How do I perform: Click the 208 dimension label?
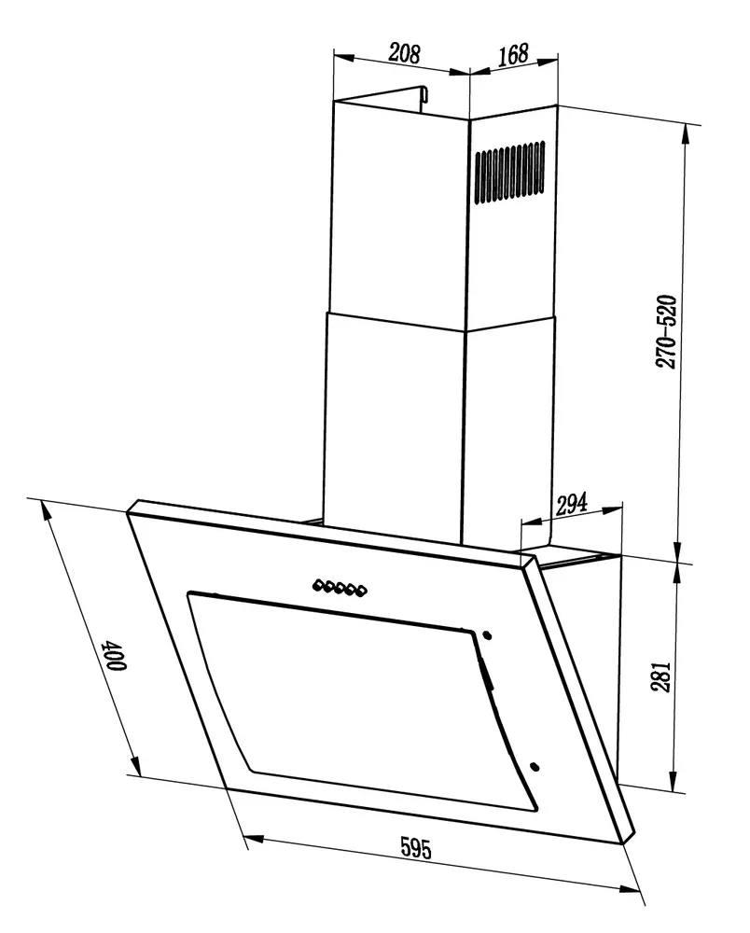point(405,53)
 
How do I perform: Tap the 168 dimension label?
point(513,54)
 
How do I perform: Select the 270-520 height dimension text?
point(665,331)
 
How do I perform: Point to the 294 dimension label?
point(571,504)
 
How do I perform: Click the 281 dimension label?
point(660,675)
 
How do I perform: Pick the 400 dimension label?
point(116,655)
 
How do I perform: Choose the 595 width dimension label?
point(416,848)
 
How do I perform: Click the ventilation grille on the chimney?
point(509,172)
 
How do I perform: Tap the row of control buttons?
point(340,588)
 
